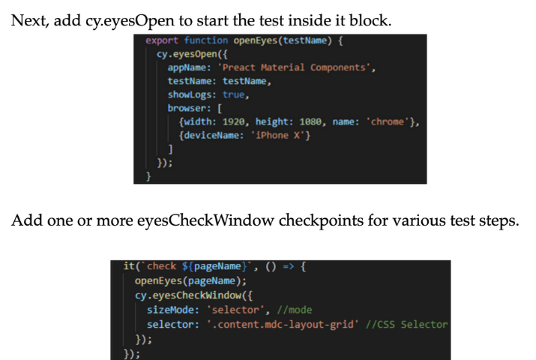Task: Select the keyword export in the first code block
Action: pyautogui.click(x=162, y=40)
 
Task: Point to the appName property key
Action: pyautogui.click(x=187, y=67)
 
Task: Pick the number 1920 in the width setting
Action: pyautogui.click(x=236, y=121)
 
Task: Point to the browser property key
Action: pyautogui.click(x=187, y=108)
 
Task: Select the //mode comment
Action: pyautogui.click(x=294, y=309)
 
